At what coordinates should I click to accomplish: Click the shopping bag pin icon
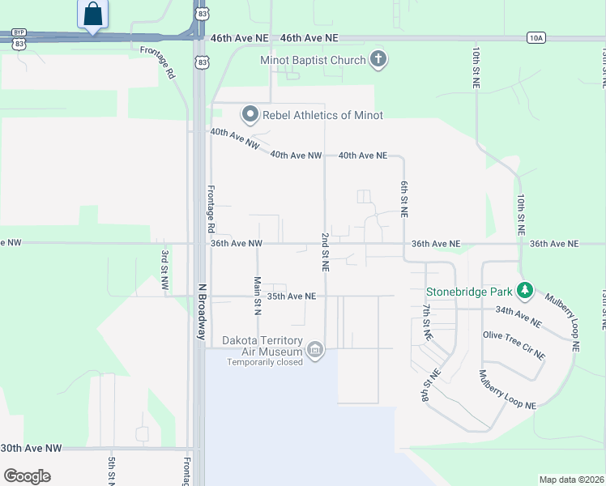93,14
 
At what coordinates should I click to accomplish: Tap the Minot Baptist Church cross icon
378,59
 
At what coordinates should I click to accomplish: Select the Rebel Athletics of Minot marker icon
251,115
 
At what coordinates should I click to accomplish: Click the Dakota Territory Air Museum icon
315,351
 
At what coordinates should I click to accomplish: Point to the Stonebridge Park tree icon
525,289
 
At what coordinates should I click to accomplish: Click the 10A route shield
535,37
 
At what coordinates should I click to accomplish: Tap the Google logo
27,476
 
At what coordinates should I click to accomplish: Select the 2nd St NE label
325,251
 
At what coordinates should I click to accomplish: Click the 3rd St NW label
164,271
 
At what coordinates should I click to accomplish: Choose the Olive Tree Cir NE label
514,345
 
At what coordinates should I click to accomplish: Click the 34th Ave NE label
518,316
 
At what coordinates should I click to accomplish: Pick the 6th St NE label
403,198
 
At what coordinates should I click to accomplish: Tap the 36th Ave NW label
237,243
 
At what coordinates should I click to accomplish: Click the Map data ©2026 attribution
571,480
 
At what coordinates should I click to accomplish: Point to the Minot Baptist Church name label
313,60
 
